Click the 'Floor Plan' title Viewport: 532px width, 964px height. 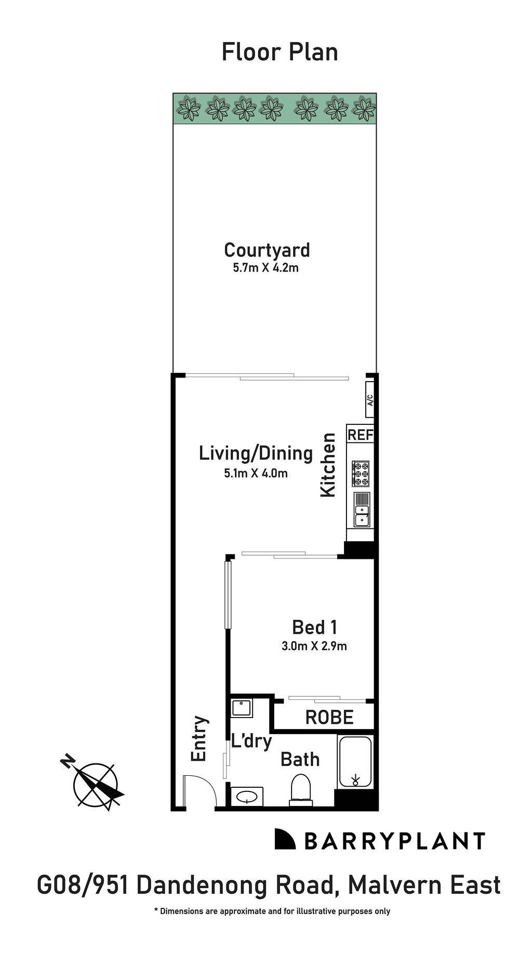pyautogui.click(x=280, y=53)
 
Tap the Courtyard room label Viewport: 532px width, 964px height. pyautogui.click(x=267, y=250)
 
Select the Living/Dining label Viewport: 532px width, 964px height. pyautogui.click(x=256, y=453)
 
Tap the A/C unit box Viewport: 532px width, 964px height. pyautogui.click(x=370, y=400)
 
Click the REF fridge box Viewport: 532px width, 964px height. pyautogui.click(x=361, y=435)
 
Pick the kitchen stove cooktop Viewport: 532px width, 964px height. pyautogui.click(x=361, y=473)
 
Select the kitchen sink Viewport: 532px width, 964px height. pyautogui.click(x=361, y=510)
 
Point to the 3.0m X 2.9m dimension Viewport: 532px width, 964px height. pyautogui.click(x=314, y=646)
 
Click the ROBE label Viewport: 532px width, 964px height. pyautogui.click(x=329, y=718)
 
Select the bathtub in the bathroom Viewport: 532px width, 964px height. pyautogui.click(x=355, y=762)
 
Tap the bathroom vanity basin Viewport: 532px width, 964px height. pyautogui.click(x=246, y=796)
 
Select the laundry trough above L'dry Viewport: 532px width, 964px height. pyautogui.click(x=242, y=708)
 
